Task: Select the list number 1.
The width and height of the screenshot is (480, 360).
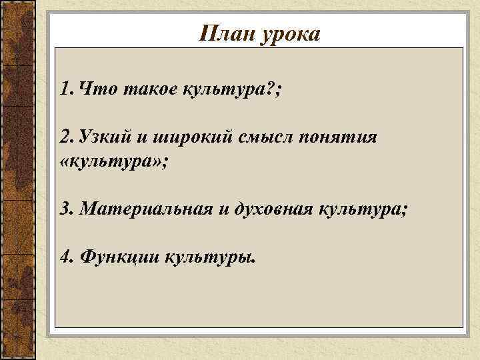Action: [65, 89]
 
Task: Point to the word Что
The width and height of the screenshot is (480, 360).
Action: [95, 89]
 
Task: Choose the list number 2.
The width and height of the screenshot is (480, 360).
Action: [65, 137]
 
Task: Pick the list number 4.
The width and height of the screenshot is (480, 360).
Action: [65, 257]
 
